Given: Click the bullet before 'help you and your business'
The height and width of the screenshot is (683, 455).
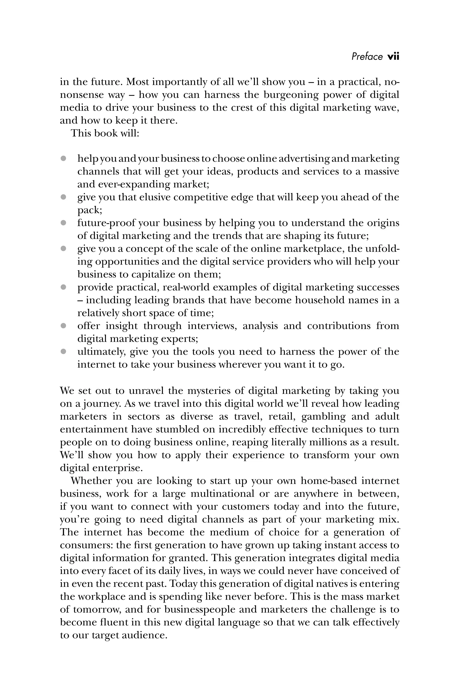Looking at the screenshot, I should click(x=63, y=159).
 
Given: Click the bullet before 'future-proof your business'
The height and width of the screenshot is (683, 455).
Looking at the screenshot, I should click(x=63, y=223).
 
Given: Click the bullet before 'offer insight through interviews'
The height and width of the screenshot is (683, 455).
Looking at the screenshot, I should click(x=63, y=326).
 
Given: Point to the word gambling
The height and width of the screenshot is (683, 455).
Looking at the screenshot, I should click(x=323, y=416).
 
